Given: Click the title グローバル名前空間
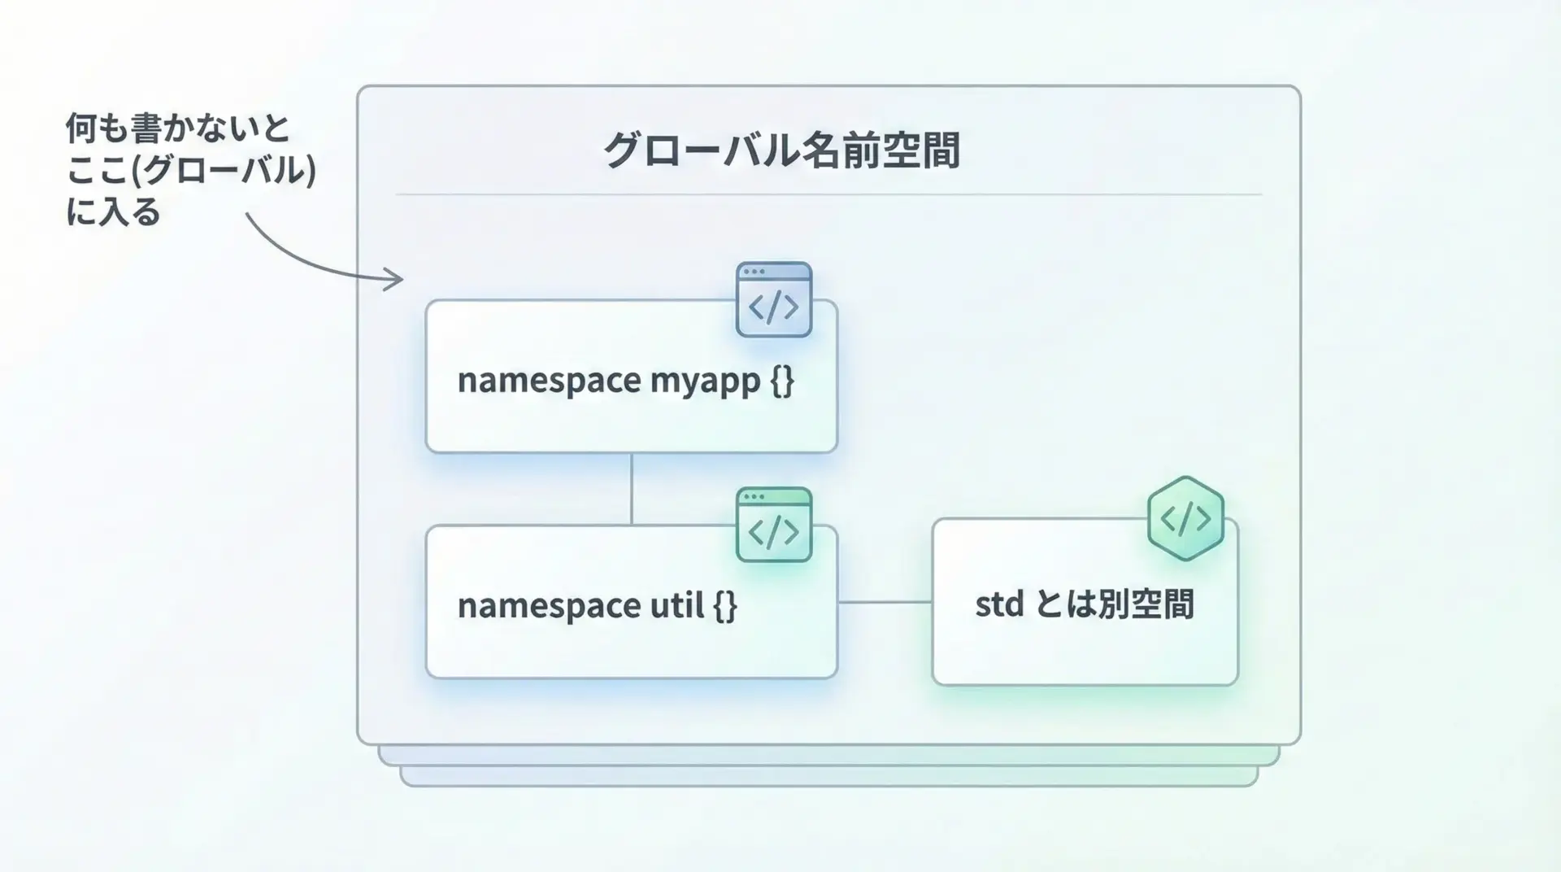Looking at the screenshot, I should click(x=780, y=150).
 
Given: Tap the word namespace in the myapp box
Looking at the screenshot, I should click(x=549, y=381).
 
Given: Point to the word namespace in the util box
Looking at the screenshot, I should click(x=549, y=605).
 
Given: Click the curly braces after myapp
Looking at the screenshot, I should click(x=781, y=381).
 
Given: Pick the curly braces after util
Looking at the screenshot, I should click(x=724, y=605).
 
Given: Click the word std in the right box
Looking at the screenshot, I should click(x=999, y=604).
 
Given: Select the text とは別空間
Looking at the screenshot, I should click(x=1115, y=604).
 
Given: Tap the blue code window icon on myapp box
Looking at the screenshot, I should click(x=774, y=299).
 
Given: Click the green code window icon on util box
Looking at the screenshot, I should click(x=774, y=525).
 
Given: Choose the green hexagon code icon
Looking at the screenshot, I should click(x=1185, y=518).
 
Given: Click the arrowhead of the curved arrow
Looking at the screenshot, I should click(x=397, y=280).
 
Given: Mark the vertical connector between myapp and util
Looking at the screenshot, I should click(x=632, y=488).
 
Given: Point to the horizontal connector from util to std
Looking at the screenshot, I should click(x=885, y=602).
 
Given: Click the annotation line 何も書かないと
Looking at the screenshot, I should click(x=177, y=129).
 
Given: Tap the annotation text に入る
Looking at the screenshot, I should click(x=113, y=212).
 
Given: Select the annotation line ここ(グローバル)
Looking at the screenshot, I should click(x=190, y=171).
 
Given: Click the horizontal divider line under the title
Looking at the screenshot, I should click(x=828, y=195).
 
